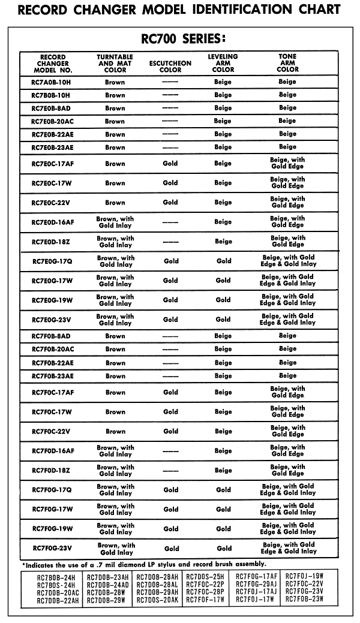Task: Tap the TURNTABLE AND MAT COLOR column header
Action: (115, 63)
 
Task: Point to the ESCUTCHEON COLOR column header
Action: (170, 66)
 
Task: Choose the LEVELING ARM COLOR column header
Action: (223, 63)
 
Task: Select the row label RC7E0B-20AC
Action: (52, 121)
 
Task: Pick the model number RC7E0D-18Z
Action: (51, 242)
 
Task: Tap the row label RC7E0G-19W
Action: (52, 300)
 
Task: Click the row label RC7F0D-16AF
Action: (53, 451)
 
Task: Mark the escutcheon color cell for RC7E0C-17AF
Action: (170, 164)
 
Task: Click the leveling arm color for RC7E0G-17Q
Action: (224, 261)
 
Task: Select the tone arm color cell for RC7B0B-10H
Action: (287, 95)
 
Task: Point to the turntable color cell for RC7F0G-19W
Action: (116, 529)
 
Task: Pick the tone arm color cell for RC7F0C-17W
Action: (287, 412)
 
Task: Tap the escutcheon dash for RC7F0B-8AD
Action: (170, 336)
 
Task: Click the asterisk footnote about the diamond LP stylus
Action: (144, 564)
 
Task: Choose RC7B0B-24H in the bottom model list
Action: (56, 577)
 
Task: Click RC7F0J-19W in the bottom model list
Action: (304, 577)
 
